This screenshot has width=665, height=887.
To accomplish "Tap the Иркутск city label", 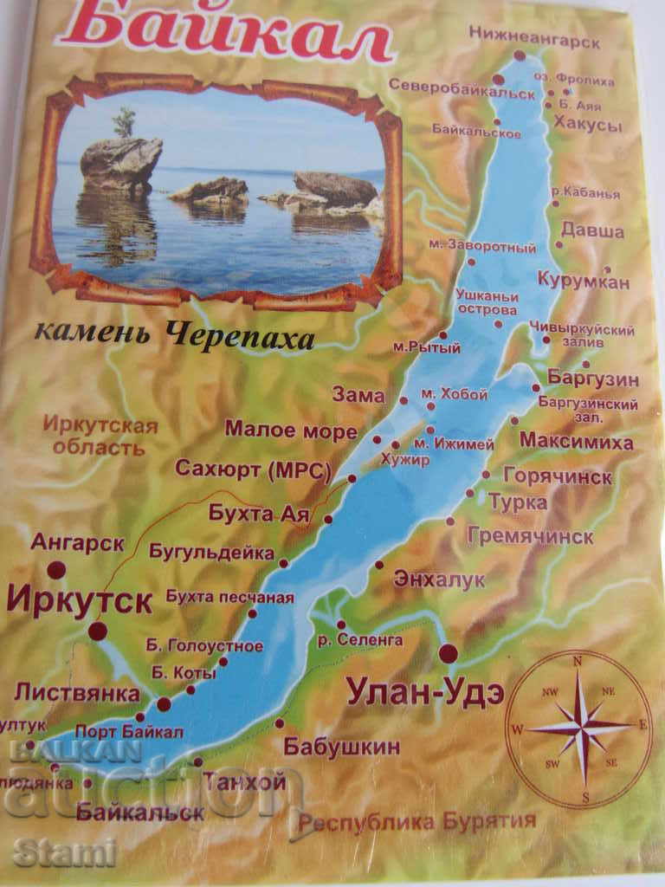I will tap(79, 600).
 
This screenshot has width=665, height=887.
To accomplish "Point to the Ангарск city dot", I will tap(57, 570).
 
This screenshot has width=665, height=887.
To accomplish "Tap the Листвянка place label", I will tap(76, 693).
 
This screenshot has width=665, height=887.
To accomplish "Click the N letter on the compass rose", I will tap(578, 662).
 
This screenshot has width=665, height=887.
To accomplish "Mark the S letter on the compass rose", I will tap(585, 797).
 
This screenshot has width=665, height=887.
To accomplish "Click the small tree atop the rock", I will tap(125, 123).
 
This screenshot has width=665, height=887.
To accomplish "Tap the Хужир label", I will tap(405, 461).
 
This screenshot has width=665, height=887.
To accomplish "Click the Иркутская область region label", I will tap(105, 437).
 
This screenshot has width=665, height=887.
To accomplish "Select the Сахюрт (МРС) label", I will tap(254, 469).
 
